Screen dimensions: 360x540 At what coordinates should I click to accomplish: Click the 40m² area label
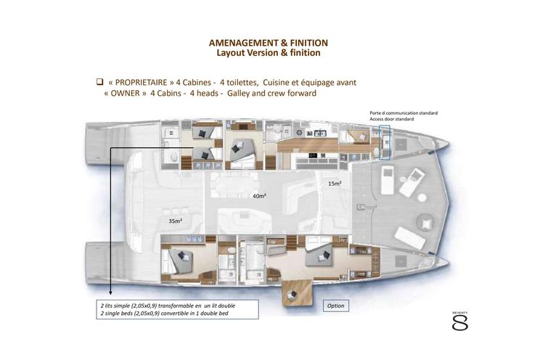click(258, 196)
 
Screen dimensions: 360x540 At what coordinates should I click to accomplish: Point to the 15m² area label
click(335, 184)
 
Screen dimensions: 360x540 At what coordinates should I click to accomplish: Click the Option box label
click(335, 306)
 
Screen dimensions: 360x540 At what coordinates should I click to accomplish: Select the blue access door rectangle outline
click(385, 142)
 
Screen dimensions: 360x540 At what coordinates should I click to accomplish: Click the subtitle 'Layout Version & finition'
click(269, 53)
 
